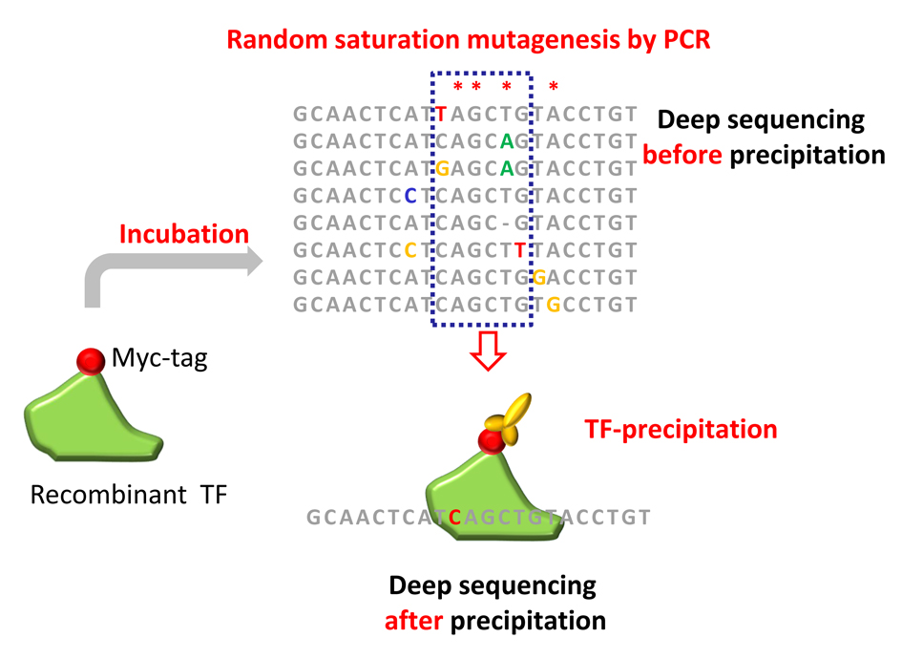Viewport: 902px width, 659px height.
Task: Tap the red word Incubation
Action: point(184,234)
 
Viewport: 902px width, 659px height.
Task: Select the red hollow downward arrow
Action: point(488,351)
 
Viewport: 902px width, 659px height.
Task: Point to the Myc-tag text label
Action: point(159,358)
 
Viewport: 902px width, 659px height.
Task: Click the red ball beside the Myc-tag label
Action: point(91,361)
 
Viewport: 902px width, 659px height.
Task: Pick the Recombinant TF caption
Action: point(129,495)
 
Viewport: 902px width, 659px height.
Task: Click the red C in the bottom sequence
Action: point(454,518)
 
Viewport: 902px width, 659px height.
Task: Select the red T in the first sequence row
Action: point(441,115)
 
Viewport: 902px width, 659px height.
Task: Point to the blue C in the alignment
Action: point(410,196)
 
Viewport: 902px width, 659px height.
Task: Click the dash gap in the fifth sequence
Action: point(506,223)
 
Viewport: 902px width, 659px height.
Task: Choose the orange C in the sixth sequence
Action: point(410,250)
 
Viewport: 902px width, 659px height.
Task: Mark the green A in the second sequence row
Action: point(506,141)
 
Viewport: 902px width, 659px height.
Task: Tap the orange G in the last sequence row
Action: point(553,305)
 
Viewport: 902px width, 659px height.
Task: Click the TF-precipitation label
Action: point(681,430)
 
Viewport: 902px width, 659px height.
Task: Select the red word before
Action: point(682,155)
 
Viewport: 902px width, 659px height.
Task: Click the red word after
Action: point(413,621)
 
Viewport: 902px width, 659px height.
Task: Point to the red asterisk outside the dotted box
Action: point(554,87)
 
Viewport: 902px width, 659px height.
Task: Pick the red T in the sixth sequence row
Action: point(519,250)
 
